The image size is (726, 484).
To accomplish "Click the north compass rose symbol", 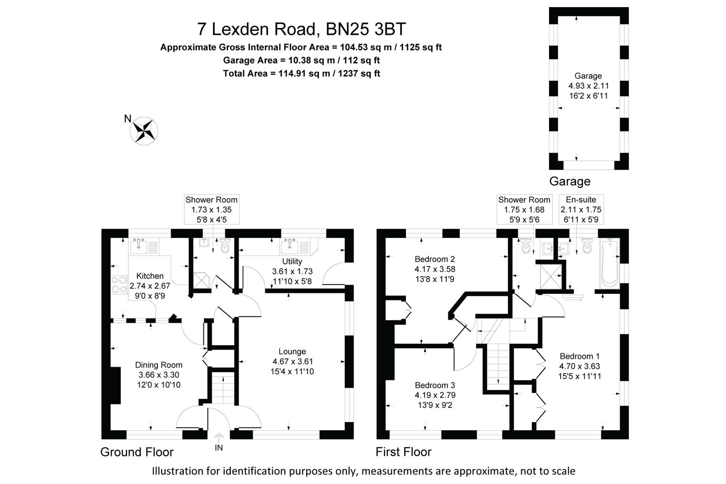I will coord(144,131).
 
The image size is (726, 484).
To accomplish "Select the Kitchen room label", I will coord(150,276).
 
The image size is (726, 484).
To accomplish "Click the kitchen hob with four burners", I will coord(119,284).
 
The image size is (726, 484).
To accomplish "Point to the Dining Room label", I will coord(159,365).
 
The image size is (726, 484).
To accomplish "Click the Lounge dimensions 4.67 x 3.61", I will coord(292,362).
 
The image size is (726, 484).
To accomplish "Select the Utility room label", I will coord(292,261).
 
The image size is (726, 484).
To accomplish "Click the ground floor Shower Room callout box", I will coord(212,209).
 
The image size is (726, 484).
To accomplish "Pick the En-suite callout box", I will coord(581,209).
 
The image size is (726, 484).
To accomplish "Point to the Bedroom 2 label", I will coord(434,259).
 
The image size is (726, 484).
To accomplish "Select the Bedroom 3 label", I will coord(434,385).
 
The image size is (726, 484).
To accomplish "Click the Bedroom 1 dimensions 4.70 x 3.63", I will coord(579,366).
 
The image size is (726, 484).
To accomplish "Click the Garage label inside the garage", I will coord(588,76).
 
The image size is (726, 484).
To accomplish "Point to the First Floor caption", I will coord(403,452).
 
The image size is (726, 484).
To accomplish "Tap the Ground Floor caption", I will coord(137,452).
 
